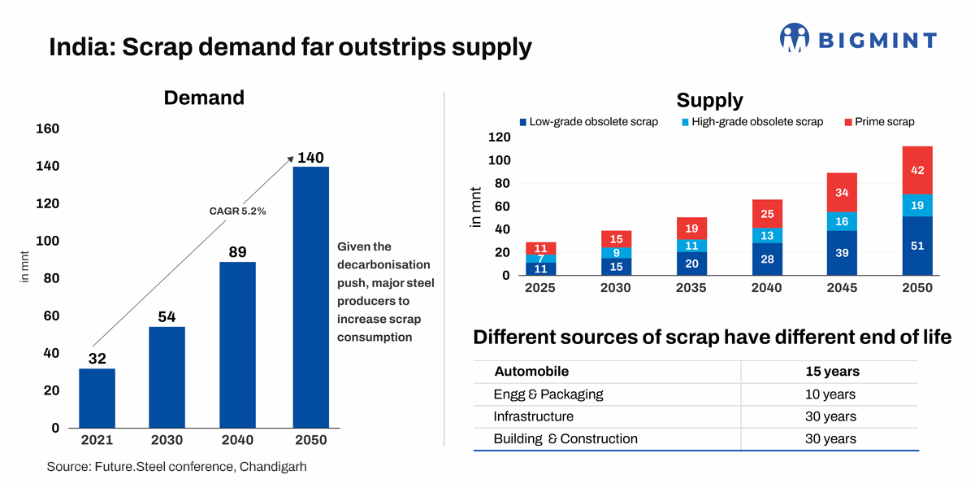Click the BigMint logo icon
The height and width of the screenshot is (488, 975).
point(795,38)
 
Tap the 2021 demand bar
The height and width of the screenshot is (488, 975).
point(97,398)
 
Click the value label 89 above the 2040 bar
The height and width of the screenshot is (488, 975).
point(237,251)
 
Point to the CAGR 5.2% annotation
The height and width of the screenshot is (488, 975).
point(238,211)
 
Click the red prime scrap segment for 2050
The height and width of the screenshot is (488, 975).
point(917,170)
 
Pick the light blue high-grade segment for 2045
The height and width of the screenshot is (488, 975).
point(842,221)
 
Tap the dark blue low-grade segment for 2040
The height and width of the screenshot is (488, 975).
point(766,259)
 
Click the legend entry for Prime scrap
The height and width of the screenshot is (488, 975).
point(884,122)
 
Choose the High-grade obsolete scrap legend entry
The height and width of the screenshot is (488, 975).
point(756,122)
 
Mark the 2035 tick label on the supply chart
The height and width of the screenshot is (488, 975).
point(691,288)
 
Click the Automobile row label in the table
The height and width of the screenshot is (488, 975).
point(531,372)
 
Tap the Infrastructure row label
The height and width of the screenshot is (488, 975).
point(533,416)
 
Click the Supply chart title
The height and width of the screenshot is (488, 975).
point(709,100)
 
